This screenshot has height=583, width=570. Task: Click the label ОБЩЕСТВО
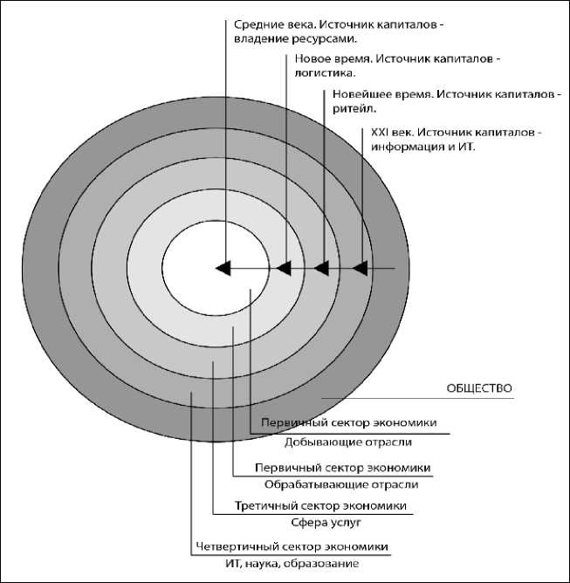pyautogui.click(x=478, y=388)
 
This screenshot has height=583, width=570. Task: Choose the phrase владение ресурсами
pyautogui.click(x=298, y=39)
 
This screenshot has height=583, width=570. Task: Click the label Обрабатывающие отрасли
pyautogui.click(x=341, y=484)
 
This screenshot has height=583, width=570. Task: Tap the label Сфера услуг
pyautogui.click(x=326, y=522)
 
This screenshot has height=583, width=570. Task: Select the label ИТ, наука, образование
pyautogui.click(x=305, y=564)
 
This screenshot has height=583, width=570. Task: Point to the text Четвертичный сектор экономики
pyautogui.click(x=291, y=546)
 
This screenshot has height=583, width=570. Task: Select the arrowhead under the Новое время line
pyautogui.click(x=282, y=269)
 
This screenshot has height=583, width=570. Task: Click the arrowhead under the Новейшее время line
pyautogui.click(x=321, y=269)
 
